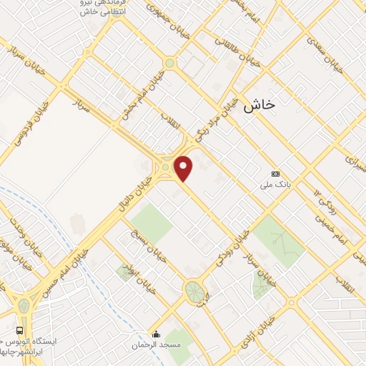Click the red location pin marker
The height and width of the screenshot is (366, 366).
(x=184, y=168)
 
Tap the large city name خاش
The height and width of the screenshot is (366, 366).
(x=259, y=107)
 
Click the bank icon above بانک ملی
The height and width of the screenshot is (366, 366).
(x=276, y=174)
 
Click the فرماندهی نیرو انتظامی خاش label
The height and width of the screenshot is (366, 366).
(x=99, y=9)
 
